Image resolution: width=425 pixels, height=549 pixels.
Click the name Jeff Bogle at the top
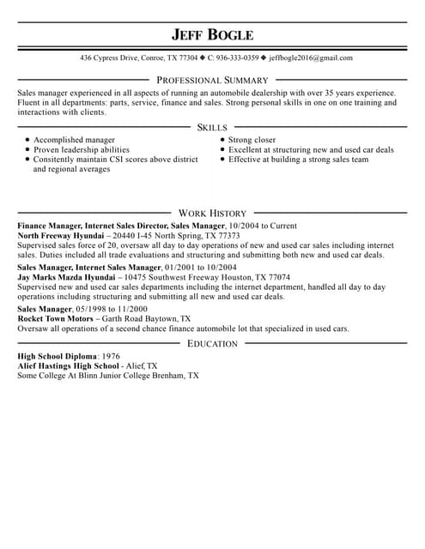[212, 34]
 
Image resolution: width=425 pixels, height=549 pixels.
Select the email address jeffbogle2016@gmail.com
[310, 58]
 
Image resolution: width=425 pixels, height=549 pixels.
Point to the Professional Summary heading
[212, 79]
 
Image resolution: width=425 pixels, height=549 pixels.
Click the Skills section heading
[212, 127]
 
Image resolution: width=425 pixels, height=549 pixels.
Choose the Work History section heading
[212, 213]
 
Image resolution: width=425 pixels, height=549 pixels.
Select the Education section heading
[212, 319]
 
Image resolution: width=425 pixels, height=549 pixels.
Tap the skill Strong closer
[252, 139]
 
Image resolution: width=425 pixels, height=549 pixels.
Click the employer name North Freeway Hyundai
[63, 235]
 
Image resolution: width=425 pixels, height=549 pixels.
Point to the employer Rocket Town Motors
[54, 317]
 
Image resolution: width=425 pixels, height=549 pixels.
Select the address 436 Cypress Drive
[111, 58]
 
